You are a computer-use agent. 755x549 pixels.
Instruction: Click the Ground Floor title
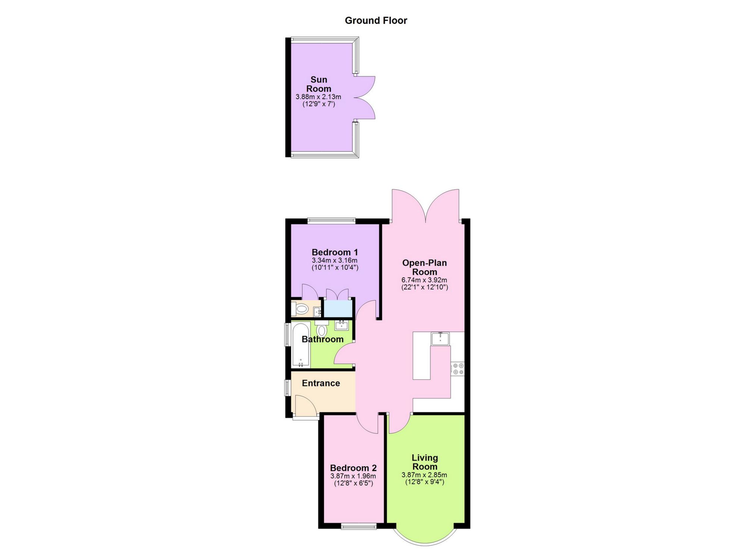click(376, 20)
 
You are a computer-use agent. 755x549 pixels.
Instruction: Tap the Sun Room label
click(319, 84)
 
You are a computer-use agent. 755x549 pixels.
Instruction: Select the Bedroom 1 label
click(335, 252)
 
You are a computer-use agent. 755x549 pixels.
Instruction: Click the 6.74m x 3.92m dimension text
click(424, 280)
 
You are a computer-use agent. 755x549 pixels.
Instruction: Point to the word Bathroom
click(323, 339)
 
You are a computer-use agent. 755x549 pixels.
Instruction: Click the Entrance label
click(321, 383)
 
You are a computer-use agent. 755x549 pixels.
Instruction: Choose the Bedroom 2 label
click(353, 468)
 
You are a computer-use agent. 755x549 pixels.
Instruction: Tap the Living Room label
click(425, 462)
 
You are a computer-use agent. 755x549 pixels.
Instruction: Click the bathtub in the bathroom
click(301, 345)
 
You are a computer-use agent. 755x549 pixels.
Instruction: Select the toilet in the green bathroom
click(321, 329)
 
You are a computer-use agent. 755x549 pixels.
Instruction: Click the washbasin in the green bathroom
click(342, 325)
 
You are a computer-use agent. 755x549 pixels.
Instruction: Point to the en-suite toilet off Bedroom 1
click(300, 309)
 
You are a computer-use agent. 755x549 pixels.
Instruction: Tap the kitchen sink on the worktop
click(440, 338)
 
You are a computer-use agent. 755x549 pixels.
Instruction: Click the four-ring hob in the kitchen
click(458, 369)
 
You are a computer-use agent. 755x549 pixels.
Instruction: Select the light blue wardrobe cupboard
click(338, 308)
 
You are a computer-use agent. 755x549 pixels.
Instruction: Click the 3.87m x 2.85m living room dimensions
click(424, 475)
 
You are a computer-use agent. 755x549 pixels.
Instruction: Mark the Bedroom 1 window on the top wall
click(331, 221)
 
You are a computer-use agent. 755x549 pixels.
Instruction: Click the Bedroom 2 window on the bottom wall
click(359, 526)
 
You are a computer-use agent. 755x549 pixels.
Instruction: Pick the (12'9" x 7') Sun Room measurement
click(319, 104)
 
